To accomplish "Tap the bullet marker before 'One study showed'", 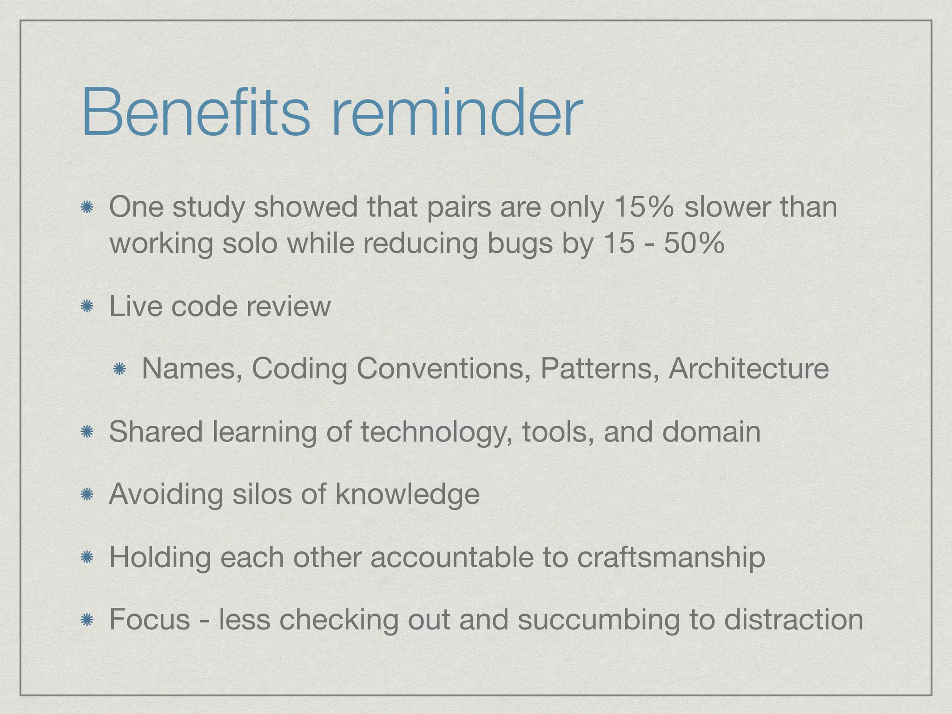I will click(86, 208).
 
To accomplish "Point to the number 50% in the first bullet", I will click(694, 243).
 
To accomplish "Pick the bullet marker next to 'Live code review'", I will click(86, 307).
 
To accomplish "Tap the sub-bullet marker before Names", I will click(119, 370).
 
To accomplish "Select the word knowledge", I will click(407, 495).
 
